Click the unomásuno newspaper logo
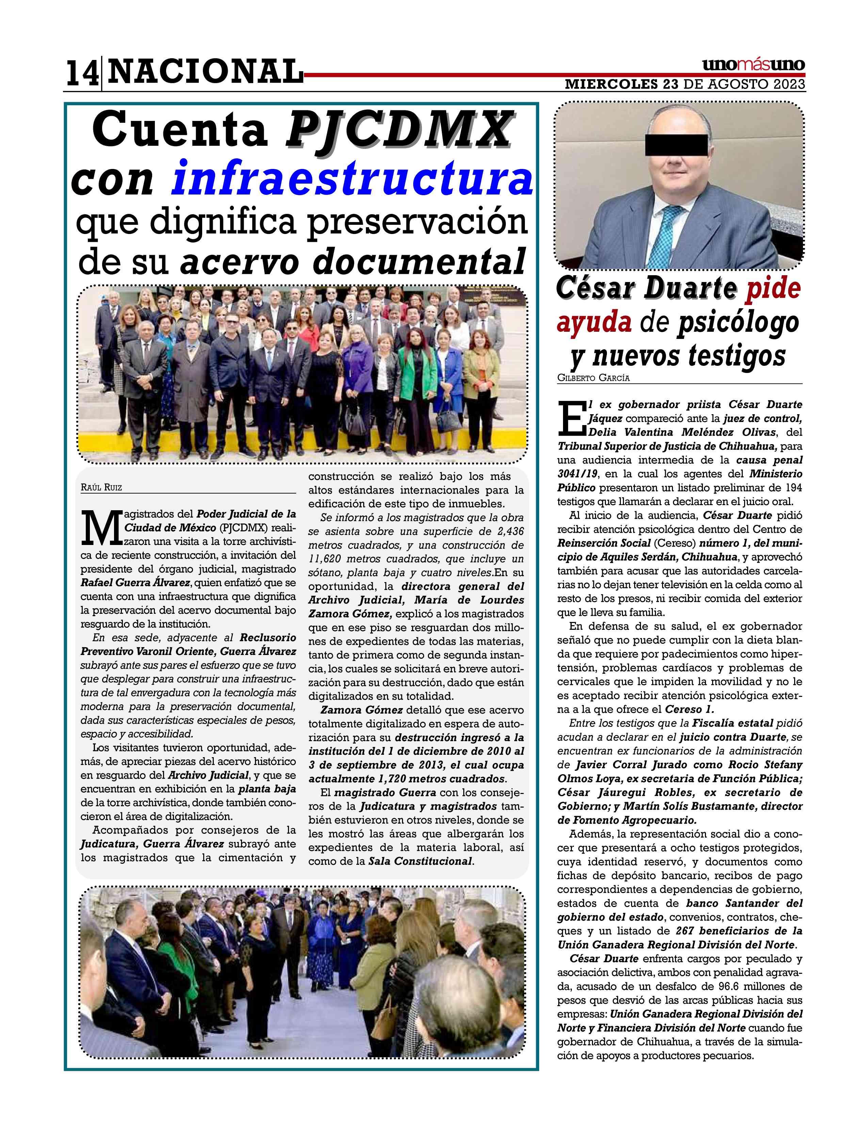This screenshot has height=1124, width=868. tap(753, 65)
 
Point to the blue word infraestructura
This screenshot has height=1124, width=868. tap(352, 179)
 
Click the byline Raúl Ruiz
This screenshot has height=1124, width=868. tap(101, 487)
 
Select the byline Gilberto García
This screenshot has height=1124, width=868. tap(593, 378)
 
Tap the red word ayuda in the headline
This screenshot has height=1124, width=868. tap(594, 323)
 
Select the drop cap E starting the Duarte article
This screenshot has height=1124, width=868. tap(571, 417)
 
